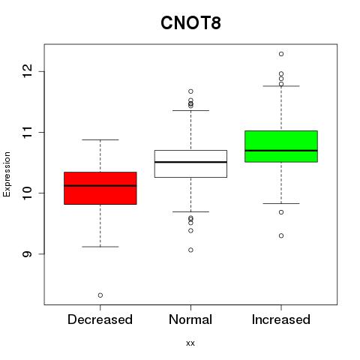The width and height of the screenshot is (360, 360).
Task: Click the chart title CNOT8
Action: pyautogui.click(x=190, y=23)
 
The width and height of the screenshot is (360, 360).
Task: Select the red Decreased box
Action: pyautogui.click(x=100, y=188)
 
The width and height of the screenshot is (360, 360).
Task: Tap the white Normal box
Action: pyautogui.click(x=190, y=163)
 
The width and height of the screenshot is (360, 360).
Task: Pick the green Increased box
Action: pyautogui.click(x=281, y=146)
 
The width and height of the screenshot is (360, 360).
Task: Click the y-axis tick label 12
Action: pyautogui.click(x=27, y=71)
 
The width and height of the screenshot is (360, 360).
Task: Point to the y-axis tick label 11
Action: pyautogui.click(x=27, y=132)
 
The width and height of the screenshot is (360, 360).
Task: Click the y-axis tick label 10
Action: pyautogui.click(x=27, y=193)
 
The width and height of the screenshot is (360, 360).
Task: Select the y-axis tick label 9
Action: pyautogui.click(x=27, y=253)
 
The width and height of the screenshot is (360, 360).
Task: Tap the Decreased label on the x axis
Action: pyautogui.click(x=100, y=319)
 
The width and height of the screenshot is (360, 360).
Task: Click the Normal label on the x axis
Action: pyautogui.click(x=190, y=319)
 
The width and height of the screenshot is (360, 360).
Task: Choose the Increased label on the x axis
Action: pyautogui.click(x=281, y=319)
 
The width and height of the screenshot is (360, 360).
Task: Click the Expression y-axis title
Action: pyautogui.click(x=7, y=174)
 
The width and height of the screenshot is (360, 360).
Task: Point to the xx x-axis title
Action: pyautogui.click(x=190, y=343)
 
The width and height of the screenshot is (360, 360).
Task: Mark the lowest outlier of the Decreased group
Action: pyautogui.click(x=100, y=295)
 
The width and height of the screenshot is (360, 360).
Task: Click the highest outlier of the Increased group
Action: pyautogui.click(x=281, y=54)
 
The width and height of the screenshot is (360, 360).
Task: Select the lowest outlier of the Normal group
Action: pyautogui.click(x=190, y=250)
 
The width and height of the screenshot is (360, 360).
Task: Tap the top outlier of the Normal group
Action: pyautogui.click(x=190, y=91)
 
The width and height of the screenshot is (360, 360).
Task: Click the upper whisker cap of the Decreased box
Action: pyautogui.click(x=100, y=139)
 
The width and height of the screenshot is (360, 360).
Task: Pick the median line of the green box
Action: pyautogui.click(x=281, y=151)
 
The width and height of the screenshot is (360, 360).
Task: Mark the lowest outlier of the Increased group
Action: pyautogui.click(x=281, y=235)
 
